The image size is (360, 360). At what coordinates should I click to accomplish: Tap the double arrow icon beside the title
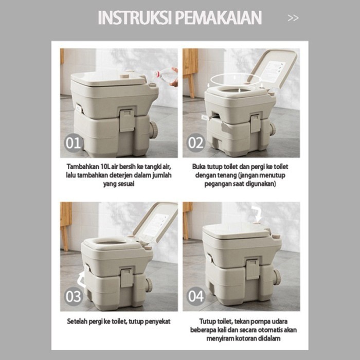click(293, 18)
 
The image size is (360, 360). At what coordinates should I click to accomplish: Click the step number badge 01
click(74, 143)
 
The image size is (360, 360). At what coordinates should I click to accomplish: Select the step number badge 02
click(195, 143)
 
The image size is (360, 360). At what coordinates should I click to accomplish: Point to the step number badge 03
click(74, 296)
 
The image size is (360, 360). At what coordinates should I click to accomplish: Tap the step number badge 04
click(195, 296)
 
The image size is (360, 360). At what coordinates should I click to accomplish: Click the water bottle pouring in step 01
click(166, 76)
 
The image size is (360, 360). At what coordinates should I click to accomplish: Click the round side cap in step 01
click(153, 130)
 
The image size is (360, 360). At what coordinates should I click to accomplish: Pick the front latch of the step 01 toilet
click(127, 120)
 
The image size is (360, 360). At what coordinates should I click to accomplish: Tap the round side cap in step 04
click(276, 277)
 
